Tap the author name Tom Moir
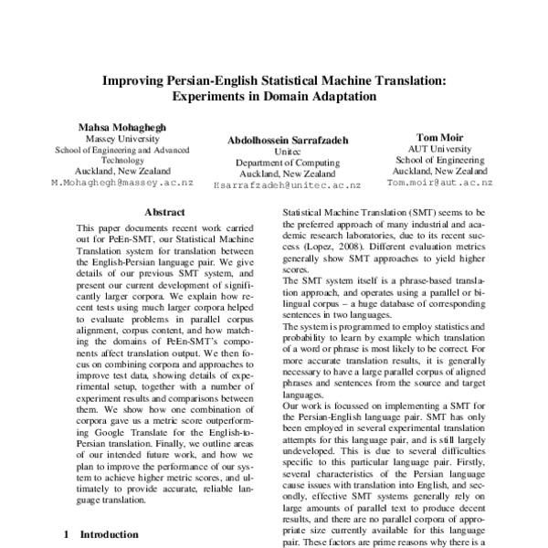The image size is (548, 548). pyautogui.click(x=439, y=135)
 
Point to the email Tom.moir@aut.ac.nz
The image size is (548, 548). pyautogui.click(x=439, y=183)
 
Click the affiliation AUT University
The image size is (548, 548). pyautogui.click(x=439, y=148)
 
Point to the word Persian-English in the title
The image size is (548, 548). pyautogui.click(x=216, y=80)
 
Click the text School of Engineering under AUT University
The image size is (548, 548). pyautogui.click(x=439, y=159)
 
